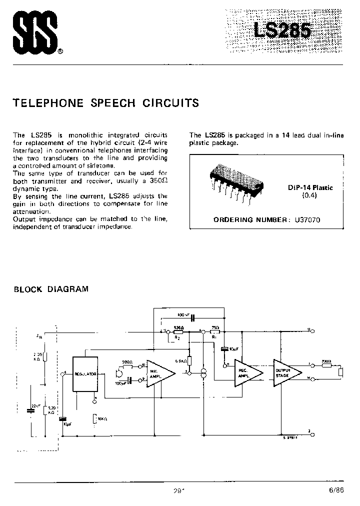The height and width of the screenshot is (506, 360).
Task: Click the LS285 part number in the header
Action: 282,30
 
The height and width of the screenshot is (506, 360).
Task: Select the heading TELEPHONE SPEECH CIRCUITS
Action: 105,103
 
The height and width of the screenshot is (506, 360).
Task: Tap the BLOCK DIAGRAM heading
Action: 50,289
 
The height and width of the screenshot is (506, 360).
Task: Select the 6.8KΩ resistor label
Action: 181,360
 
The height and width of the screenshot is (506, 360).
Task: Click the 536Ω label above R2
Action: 177,327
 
